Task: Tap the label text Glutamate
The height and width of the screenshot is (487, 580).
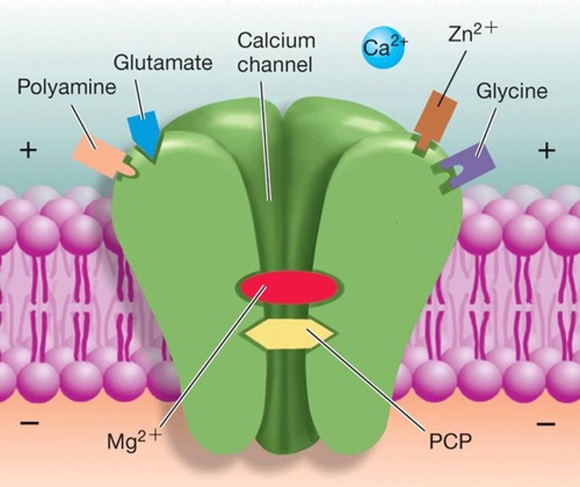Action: [x=163, y=63]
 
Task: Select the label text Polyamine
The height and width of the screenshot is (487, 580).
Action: [x=66, y=87]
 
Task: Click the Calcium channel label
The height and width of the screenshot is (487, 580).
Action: [x=276, y=53]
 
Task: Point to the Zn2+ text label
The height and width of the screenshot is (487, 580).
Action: [x=472, y=34]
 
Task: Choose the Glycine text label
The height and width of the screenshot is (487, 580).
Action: [x=512, y=91]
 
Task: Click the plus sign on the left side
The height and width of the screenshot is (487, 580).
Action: [x=28, y=151]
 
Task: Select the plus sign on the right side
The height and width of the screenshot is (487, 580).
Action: [x=546, y=151]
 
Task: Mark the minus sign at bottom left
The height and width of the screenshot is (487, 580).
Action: [x=29, y=423]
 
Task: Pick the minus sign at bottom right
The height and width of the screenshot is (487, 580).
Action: [x=546, y=424]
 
